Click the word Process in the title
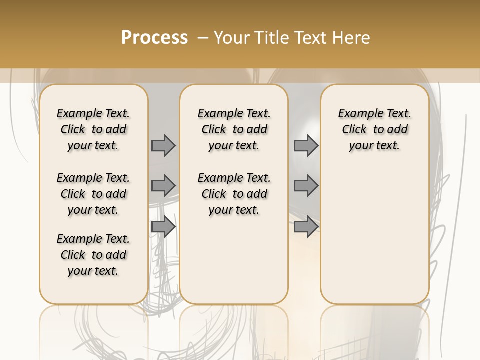click(154, 38)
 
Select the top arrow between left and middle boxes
click(163, 146)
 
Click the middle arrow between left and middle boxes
click(163, 186)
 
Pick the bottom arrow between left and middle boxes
click(163, 227)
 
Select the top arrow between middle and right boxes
click(306, 146)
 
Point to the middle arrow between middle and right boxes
click(306, 186)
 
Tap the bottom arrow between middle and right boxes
click(306, 227)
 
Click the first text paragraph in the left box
click(93, 129)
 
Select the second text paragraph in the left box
click(93, 194)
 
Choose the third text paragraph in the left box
click(93, 255)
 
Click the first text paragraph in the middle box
click(234, 129)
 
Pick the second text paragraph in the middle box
click(234, 194)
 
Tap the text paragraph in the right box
click(374, 129)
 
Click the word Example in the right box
click(357, 114)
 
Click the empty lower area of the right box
click(374, 235)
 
